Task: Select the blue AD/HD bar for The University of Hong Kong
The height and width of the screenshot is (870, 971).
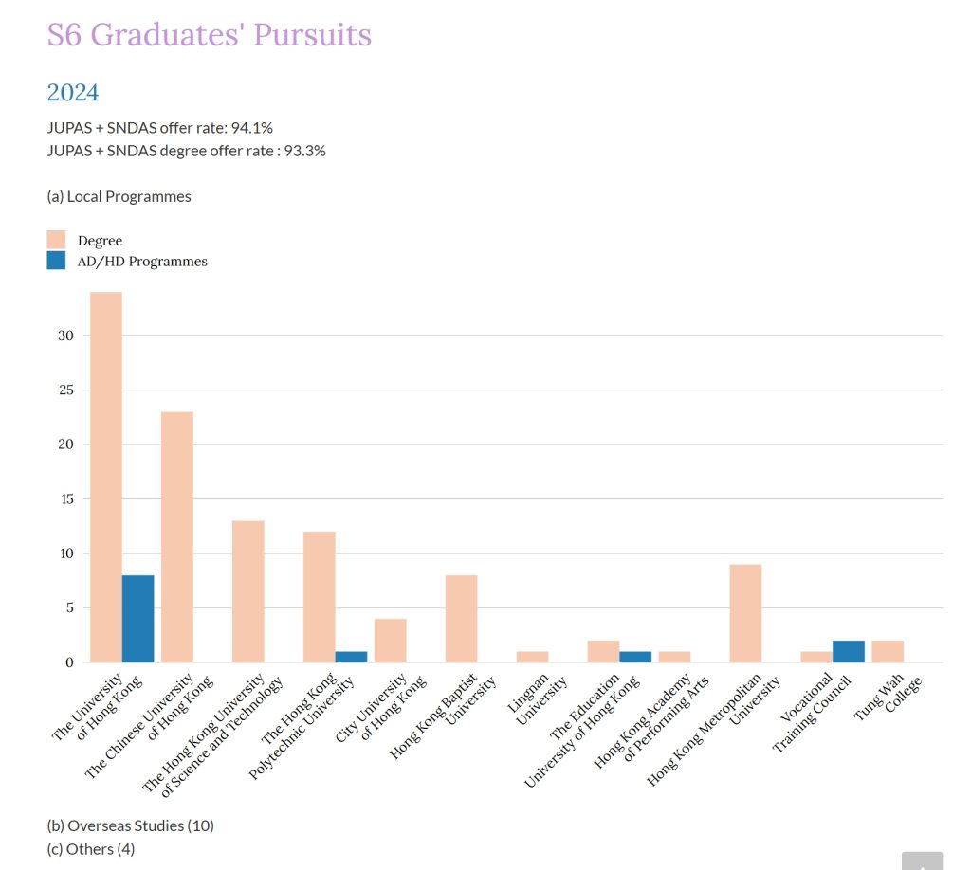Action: pyautogui.click(x=138, y=619)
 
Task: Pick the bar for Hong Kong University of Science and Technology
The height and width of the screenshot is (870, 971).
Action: pyautogui.click(x=248, y=591)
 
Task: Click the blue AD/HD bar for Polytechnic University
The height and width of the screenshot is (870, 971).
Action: pyautogui.click(x=351, y=657)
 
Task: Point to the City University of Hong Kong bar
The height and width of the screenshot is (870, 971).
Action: pyautogui.click(x=390, y=641)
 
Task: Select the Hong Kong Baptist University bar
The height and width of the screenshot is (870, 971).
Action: pyautogui.click(x=461, y=619)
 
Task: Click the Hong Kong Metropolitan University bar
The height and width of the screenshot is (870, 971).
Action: pyautogui.click(x=745, y=613)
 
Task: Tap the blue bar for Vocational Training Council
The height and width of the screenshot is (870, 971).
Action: pyautogui.click(x=849, y=651)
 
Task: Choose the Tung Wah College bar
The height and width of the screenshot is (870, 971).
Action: pyautogui.click(x=888, y=651)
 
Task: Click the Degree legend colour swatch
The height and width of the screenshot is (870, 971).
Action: pyautogui.click(x=56, y=240)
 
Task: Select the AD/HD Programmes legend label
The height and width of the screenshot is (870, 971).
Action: pyautogui.click(x=142, y=261)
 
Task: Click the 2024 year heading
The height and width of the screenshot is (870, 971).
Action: pyautogui.click(x=73, y=93)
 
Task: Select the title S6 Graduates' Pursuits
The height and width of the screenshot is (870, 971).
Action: pyautogui.click(x=209, y=35)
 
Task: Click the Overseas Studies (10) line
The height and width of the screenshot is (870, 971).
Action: pyautogui.click(x=130, y=825)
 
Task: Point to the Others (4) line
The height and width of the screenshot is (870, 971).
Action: pyautogui.click(x=90, y=849)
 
